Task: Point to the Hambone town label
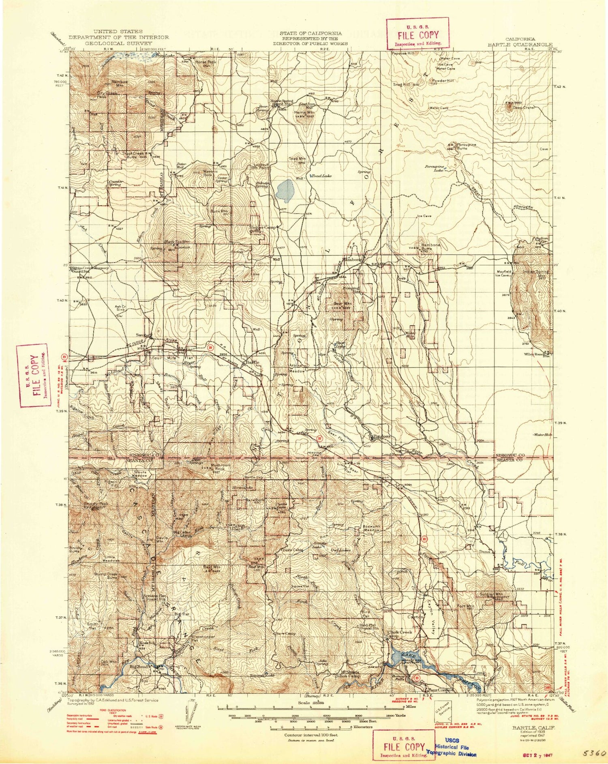(x=351, y=260)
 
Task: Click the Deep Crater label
(x=524, y=108)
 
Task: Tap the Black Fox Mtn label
(x=176, y=242)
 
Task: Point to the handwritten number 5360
(x=593, y=752)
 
